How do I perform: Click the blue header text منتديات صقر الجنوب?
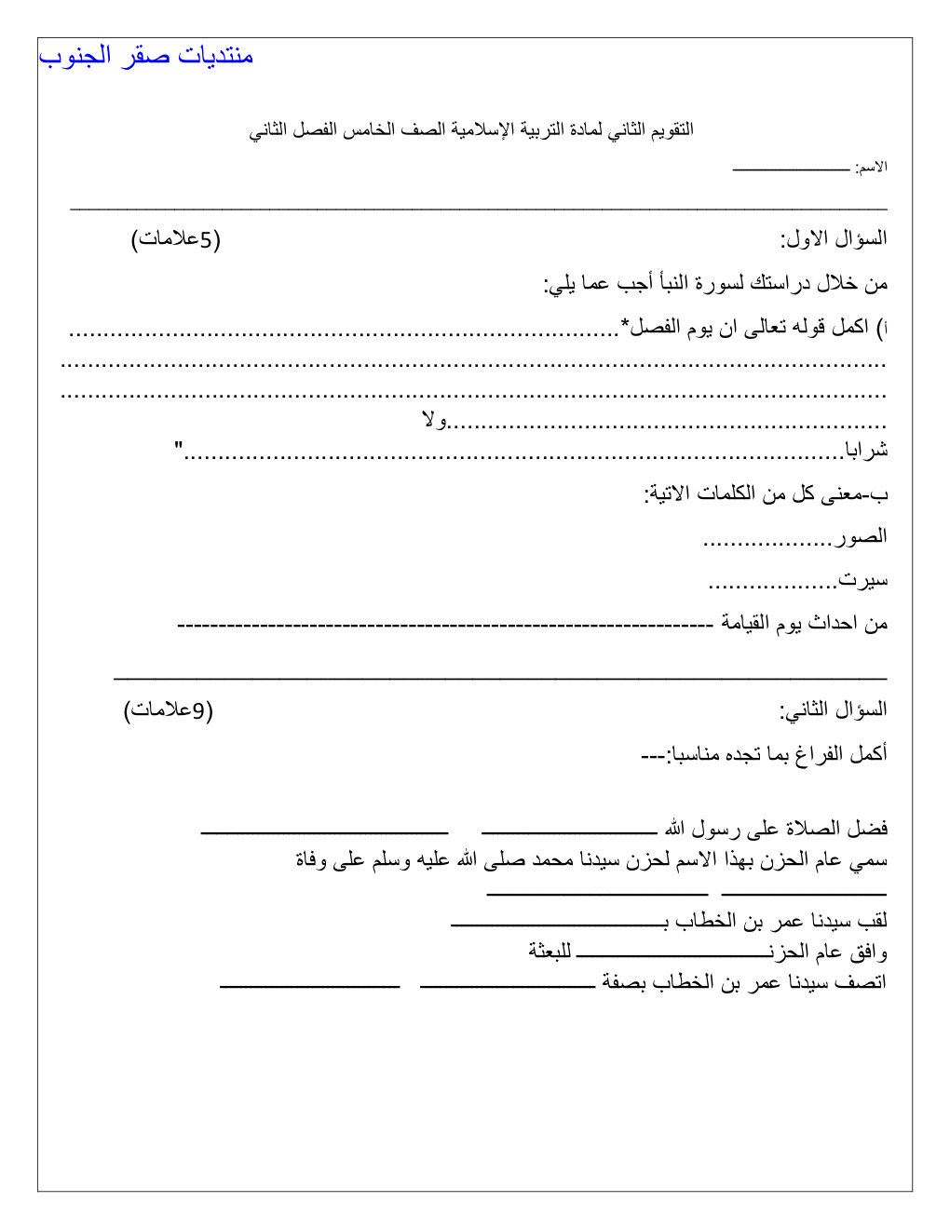(x=146, y=56)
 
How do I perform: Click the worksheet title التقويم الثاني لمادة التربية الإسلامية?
(x=471, y=129)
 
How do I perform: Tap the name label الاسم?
(x=872, y=168)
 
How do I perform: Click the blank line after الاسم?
(x=791, y=169)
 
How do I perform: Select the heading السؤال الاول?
(x=834, y=239)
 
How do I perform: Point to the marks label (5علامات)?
(x=175, y=239)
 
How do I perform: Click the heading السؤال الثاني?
(x=834, y=710)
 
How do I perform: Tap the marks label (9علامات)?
(x=169, y=710)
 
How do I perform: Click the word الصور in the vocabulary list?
(x=861, y=536)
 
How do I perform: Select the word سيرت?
(x=863, y=580)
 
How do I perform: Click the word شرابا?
(x=866, y=451)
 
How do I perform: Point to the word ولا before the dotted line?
(x=434, y=421)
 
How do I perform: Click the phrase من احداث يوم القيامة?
(x=804, y=623)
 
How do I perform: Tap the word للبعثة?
(x=550, y=951)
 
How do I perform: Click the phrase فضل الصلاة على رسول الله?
(x=776, y=828)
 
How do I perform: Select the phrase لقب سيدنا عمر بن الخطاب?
(x=778, y=921)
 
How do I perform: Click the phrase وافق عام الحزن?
(x=829, y=952)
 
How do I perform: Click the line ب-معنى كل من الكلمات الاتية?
(x=766, y=493)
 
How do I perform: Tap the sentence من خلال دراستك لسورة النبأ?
(x=716, y=283)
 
